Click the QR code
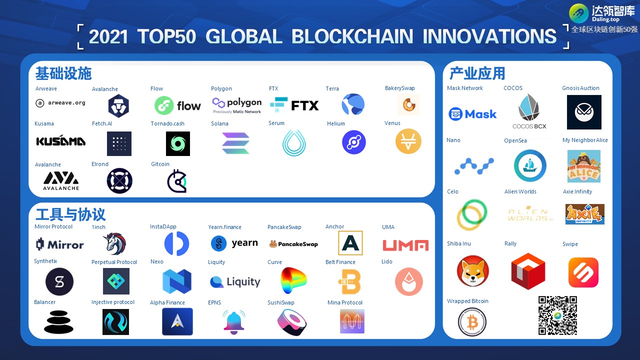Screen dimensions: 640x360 click(557, 315)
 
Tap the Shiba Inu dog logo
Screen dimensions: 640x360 click(472, 271)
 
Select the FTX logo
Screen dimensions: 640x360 click(294, 105)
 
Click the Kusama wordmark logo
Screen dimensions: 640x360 click(61, 140)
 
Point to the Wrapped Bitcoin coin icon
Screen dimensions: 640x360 click(472, 322)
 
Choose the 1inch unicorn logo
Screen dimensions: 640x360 click(115, 243)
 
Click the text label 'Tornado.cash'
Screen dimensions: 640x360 click(167, 123)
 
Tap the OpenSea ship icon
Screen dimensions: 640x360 click(530, 165)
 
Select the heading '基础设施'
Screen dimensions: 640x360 click(63, 73)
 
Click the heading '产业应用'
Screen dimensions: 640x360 click(477, 73)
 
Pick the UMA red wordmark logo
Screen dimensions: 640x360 click(405, 245)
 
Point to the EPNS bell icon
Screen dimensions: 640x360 click(233, 322)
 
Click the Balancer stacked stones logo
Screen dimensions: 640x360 click(58, 322)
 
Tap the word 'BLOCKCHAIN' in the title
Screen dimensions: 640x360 click(352, 36)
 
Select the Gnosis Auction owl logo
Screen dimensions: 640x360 click(584, 112)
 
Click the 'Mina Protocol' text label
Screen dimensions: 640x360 click(345, 302)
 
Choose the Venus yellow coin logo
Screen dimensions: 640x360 click(408, 141)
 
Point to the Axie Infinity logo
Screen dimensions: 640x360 click(584, 214)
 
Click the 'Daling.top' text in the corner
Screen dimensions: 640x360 click(605, 19)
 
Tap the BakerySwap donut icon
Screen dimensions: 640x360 click(409, 105)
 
